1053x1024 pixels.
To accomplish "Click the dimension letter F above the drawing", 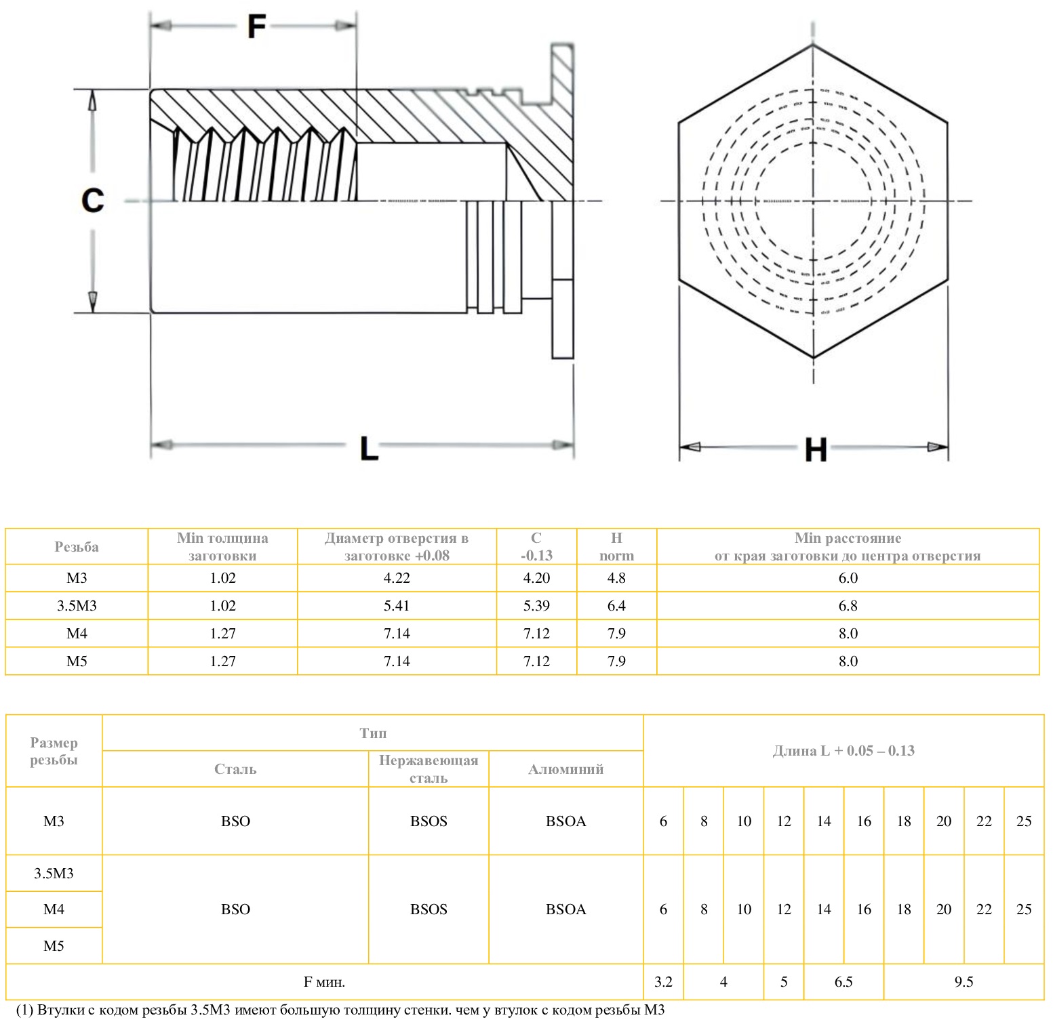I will [x=256, y=26].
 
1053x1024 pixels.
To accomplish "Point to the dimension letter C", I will [x=93, y=201].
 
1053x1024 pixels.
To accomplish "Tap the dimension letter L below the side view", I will [x=369, y=448].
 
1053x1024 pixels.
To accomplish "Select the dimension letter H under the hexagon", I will [x=816, y=449].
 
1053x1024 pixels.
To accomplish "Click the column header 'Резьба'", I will [x=77, y=547].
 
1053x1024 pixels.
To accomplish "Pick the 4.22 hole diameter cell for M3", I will [x=397, y=578].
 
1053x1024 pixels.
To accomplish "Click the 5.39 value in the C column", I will [x=536, y=606].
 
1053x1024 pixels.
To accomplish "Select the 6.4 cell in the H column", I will [x=616, y=606].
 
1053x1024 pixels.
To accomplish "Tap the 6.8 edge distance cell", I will [x=848, y=606].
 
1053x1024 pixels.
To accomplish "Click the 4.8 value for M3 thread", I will [x=616, y=578].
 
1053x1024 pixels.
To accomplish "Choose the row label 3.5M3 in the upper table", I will [x=77, y=606].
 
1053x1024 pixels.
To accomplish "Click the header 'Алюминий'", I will [x=565, y=769].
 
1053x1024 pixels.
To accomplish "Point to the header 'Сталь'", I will [x=235, y=769].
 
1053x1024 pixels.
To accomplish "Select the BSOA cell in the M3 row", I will [x=565, y=821].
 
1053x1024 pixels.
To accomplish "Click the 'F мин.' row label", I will [x=324, y=982].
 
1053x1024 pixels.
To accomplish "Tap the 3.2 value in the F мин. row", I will [x=663, y=982].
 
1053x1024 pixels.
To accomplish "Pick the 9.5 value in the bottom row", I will [x=963, y=982].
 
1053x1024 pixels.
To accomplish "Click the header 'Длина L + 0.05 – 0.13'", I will [x=843, y=751].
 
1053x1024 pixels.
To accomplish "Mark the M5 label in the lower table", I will [x=54, y=946].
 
